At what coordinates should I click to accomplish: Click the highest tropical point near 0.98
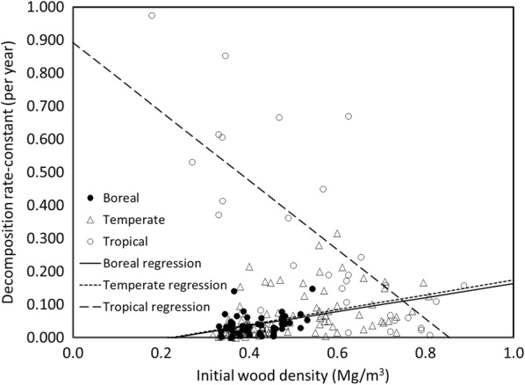click(x=152, y=15)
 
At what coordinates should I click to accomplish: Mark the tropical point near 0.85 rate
click(x=226, y=55)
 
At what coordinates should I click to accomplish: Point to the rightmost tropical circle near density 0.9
click(x=464, y=286)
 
